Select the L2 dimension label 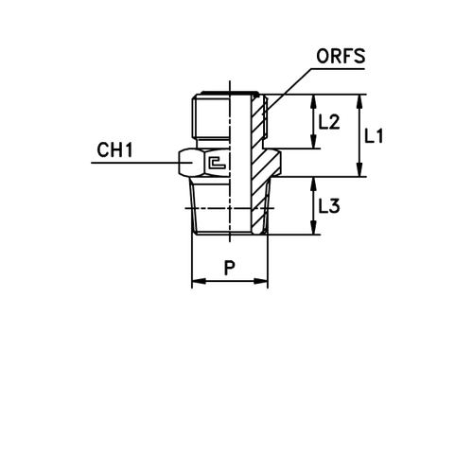[330, 121]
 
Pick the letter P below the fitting [227, 269]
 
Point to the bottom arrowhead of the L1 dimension [360, 172]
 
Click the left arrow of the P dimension [201, 280]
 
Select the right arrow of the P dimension [259, 280]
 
